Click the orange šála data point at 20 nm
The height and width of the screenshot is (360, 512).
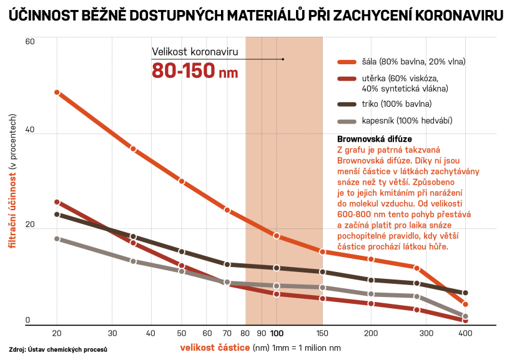pos(57,92)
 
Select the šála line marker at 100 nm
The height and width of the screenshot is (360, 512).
pos(277,236)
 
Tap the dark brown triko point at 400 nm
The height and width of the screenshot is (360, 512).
pos(465,293)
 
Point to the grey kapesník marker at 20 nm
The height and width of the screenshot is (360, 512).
pos(57,239)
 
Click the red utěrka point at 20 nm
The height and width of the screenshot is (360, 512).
pos(57,202)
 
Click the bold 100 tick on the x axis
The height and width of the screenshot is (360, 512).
pos(277,333)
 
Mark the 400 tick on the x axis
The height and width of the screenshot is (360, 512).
pos(465,333)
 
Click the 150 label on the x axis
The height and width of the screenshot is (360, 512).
pos(322,333)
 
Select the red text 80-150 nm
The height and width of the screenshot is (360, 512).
pos(195,71)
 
